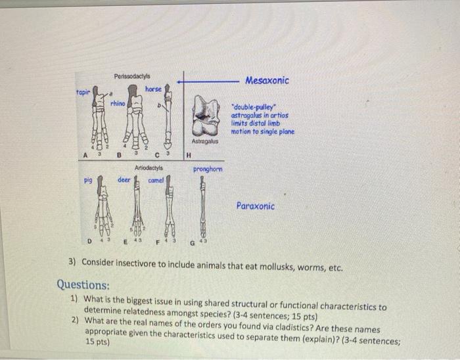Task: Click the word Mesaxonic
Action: [x=267, y=80]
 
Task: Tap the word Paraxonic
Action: [x=256, y=206]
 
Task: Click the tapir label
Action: [x=82, y=93]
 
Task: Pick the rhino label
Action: [x=118, y=103]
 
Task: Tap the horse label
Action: [x=153, y=88]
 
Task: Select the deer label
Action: [x=124, y=179]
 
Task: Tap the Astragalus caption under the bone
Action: [x=205, y=141]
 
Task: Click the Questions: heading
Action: [x=83, y=285]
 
